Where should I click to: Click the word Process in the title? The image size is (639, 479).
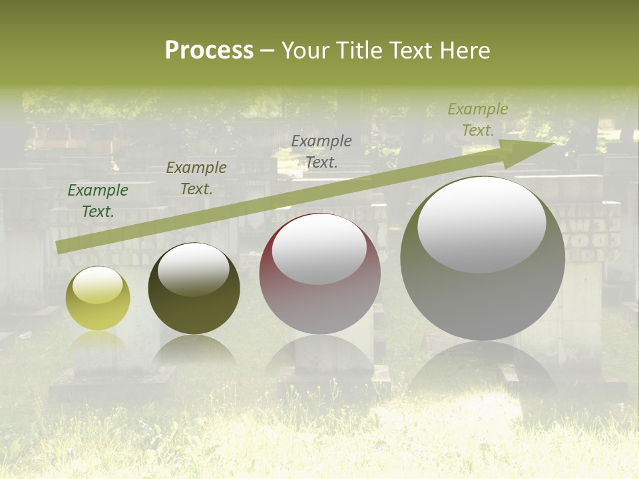pos(209,51)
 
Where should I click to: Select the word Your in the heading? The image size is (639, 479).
pos(307,51)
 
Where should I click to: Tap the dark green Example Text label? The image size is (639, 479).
pos(98,201)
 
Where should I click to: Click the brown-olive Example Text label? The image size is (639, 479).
pos(196,178)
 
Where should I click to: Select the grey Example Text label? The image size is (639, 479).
pos(321,152)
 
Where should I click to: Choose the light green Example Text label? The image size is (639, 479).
pos(477,120)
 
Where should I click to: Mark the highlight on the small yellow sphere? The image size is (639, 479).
pos(97,285)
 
